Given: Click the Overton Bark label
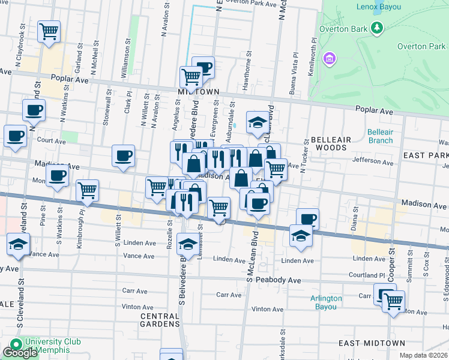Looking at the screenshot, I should pos(344,28).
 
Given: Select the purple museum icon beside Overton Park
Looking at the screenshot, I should pos(329,59).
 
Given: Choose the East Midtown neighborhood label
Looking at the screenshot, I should pos(372,343).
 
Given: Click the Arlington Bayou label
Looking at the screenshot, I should pos(326,302).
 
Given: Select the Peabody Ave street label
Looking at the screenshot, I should pos(278,280).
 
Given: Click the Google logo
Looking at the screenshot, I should pos(20,352).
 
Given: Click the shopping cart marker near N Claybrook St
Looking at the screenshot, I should pos(49,31).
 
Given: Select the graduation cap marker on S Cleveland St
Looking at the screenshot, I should pos(19,245).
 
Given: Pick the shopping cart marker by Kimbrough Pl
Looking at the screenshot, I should pos(88,191).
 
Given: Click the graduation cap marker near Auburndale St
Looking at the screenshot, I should pos(258,122).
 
